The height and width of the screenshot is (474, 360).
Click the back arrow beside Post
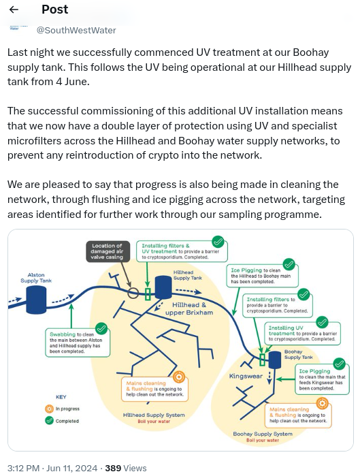[14, 10]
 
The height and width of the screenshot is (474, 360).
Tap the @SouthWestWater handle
[76, 30]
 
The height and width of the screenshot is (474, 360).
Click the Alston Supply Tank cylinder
[35, 300]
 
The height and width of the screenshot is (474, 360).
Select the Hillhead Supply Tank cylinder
[163, 287]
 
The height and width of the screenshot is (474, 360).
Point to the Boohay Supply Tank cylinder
[274, 360]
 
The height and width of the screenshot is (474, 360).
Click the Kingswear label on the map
[245, 376]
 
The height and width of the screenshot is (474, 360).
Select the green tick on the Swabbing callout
[101, 329]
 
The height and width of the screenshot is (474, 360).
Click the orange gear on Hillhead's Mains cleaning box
[178, 377]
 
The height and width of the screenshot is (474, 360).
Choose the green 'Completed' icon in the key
[49, 421]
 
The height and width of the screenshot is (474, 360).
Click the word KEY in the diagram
[61, 396]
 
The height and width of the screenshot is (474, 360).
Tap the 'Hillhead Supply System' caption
[153, 414]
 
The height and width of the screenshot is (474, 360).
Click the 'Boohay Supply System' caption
[263, 433]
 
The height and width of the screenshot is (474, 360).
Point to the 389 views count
[113, 468]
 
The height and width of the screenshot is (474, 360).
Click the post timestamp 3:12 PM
[24, 468]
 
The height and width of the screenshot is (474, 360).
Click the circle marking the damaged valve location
[133, 293]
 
